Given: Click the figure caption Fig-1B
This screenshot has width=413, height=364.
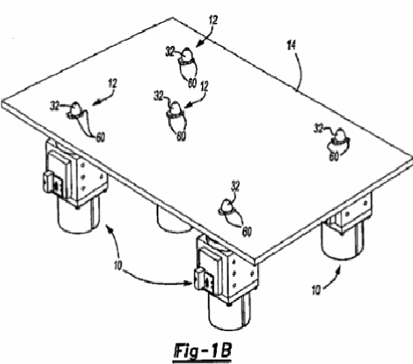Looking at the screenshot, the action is click(x=203, y=351).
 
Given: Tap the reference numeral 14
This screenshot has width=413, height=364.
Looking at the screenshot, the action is click(x=291, y=45).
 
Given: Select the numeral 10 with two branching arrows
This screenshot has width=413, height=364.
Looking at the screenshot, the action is click(x=117, y=265).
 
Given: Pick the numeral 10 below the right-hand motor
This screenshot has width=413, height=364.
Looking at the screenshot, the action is click(x=316, y=290).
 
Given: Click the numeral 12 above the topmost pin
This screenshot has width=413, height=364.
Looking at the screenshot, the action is click(x=213, y=21).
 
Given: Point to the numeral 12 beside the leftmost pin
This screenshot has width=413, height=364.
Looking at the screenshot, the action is click(x=112, y=84).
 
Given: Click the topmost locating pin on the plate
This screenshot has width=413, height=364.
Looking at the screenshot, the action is click(x=187, y=56).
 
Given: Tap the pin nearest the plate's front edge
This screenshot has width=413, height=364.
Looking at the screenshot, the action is click(x=227, y=208).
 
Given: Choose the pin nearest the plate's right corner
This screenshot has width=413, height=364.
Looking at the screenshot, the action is click(x=340, y=136).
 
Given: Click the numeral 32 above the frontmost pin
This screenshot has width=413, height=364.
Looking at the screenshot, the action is click(x=235, y=187).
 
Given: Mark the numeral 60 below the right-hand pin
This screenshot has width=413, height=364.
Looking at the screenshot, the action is click(x=333, y=156).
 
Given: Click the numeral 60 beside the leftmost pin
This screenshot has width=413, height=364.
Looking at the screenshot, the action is click(x=100, y=137).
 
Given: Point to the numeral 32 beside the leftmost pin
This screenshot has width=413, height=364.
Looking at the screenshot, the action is click(x=55, y=106).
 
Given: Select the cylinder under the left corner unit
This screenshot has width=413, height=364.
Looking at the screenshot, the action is click(x=78, y=215).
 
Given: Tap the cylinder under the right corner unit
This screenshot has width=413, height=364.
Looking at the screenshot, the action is click(x=343, y=240).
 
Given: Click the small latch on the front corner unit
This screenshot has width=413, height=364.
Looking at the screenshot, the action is click(x=200, y=279).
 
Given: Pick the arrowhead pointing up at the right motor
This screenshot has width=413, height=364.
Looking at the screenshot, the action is click(x=340, y=270).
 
